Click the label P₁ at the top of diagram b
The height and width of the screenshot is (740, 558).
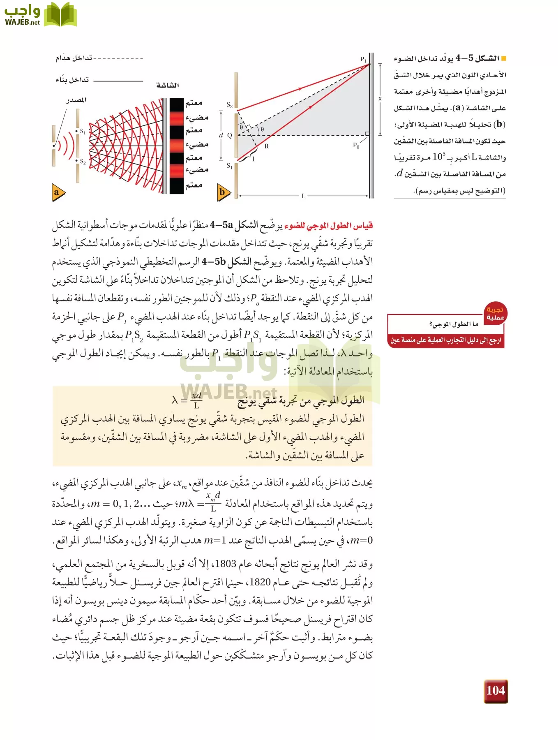363,60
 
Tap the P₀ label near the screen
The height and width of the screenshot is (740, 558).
356,145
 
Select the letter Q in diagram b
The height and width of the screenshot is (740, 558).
230,135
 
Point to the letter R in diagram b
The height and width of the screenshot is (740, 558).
266,146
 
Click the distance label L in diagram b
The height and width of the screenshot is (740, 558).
303,196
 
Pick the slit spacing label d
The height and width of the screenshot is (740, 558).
221,135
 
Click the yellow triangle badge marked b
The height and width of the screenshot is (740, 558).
223,192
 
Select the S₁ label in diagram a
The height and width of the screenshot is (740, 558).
83,132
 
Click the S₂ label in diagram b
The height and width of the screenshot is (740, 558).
230,105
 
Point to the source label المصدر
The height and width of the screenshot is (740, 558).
76,100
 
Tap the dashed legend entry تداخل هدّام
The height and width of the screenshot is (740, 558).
74,58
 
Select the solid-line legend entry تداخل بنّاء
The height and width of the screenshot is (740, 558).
72,80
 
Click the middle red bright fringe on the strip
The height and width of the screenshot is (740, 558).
177,145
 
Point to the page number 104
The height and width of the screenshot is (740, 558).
496,691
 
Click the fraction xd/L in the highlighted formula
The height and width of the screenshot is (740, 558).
196,400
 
